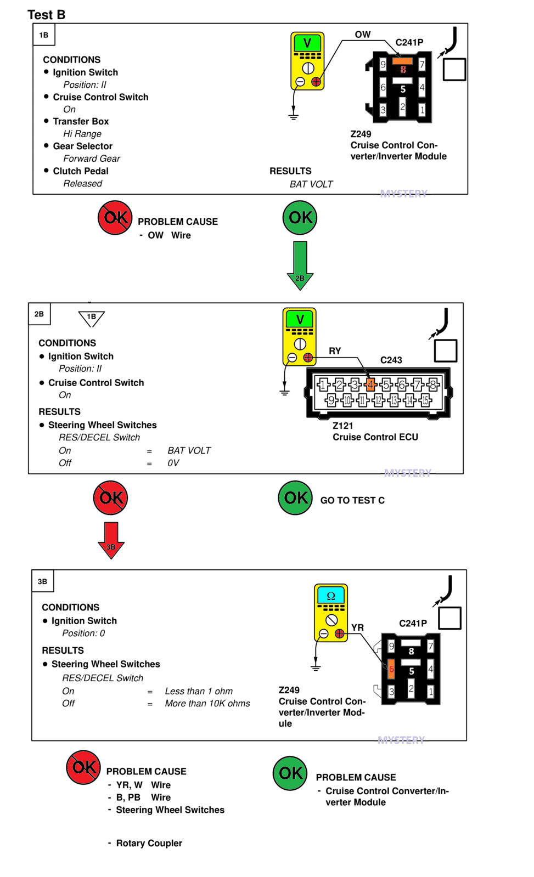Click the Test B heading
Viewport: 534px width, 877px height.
click(x=46, y=14)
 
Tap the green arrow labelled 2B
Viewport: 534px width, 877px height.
click(x=300, y=265)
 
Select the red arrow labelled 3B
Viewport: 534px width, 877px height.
click(x=111, y=540)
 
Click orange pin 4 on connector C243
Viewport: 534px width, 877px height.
click(x=370, y=384)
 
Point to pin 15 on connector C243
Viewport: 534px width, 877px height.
click(x=425, y=400)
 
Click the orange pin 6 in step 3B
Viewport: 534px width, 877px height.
click(x=391, y=669)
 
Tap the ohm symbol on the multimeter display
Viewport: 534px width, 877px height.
click(x=331, y=596)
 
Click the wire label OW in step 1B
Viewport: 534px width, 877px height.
click(x=362, y=35)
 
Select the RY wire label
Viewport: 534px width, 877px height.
click(x=335, y=351)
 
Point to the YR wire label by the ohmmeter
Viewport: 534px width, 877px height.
click(x=357, y=627)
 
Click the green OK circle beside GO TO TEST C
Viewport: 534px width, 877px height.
click(x=295, y=497)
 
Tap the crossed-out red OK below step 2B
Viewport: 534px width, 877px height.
click(x=110, y=497)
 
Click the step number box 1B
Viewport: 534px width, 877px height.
click(x=43, y=35)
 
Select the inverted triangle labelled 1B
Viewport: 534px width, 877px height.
click(x=91, y=318)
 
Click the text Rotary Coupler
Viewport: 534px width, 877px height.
click(x=149, y=843)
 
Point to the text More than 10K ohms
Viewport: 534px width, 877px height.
click(x=207, y=703)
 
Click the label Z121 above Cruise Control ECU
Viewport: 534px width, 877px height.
click(x=343, y=426)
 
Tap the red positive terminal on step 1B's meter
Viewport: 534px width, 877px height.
click(x=316, y=82)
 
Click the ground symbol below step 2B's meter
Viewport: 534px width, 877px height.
click(x=284, y=393)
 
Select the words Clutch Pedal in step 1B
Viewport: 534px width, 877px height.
click(x=81, y=171)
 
